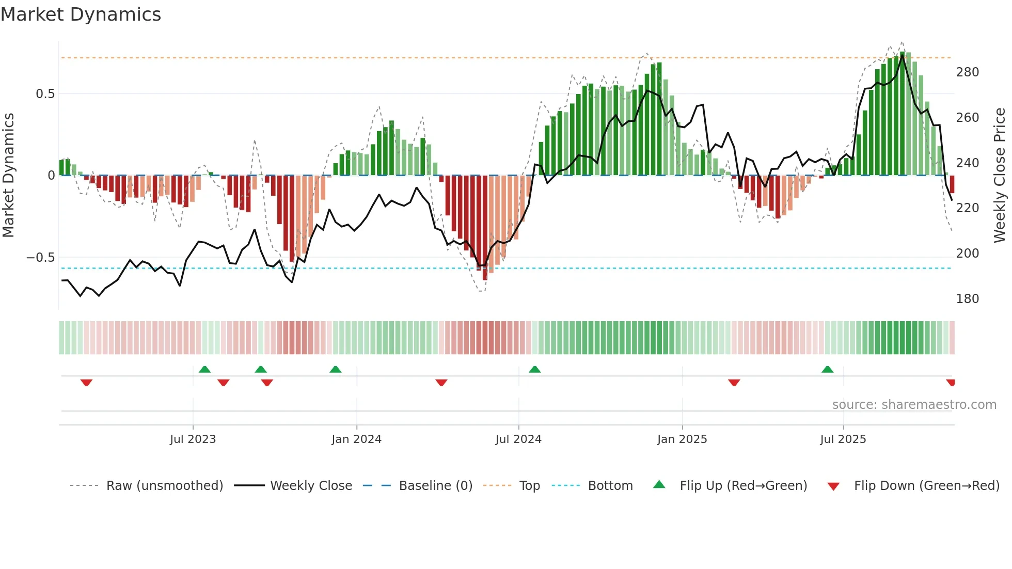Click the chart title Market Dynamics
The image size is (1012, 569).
coord(81,14)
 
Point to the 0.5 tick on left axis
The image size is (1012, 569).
coord(45,94)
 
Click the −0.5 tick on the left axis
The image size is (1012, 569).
coord(41,258)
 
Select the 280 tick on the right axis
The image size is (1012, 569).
coord(967,72)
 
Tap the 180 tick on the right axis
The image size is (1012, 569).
coord(967,299)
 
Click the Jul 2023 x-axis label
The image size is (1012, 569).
coord(193,439)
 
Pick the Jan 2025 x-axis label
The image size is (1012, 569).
coord(682,439)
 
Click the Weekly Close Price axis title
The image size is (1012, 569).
coord(1000,176)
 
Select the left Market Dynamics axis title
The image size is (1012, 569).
coord(8,176)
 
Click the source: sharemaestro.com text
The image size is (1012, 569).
coord(914,405)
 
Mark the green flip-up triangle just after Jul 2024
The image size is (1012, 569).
coord(534,370)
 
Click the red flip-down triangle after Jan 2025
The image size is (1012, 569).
coord(734,383)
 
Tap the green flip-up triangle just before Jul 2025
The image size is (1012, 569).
coord(827,370)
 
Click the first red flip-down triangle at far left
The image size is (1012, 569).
coord(86,383)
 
